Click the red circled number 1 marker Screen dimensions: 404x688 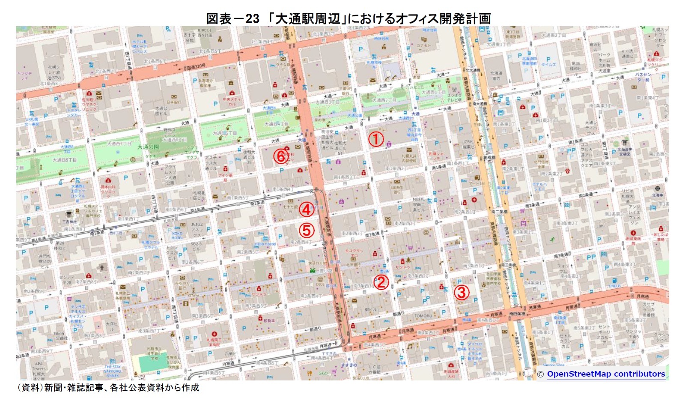click(x=375, y=140)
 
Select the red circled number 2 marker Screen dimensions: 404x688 click(x=381, y=282)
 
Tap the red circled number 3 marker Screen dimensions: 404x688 click(x=461, y=293)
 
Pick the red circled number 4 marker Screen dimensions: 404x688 click(x=307, y=209)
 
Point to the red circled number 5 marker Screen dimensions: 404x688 click(x=307, y=230)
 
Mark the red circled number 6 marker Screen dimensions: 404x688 click(x=281, y=156)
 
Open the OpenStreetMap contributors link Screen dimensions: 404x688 click(x=605, y=374)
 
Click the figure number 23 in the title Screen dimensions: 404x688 click(x=252, y=18)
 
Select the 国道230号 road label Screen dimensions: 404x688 click(x=195, y=68)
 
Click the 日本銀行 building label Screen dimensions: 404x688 click(x=173, y=102)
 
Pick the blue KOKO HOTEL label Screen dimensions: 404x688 click(x=177, y=235)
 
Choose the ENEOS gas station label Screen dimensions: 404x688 click(x=615, y=286)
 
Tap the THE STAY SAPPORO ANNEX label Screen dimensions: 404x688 click(x=113, y=371)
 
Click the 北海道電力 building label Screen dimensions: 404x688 click(x=496, y=76)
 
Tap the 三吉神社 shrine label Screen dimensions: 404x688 click(x=69, y=221)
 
